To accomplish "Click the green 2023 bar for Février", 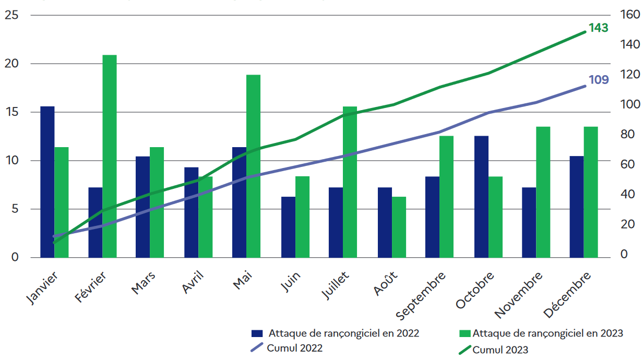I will pyautogui.click(x=110, y=156).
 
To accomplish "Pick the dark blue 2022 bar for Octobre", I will pyautogui.click(x=482, y=197).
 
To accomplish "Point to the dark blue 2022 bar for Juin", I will pyautogui.click(x=288, y=227).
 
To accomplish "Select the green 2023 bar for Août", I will pyautogui.click(x=399, y=227).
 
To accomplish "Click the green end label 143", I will pyautogui.click(x=599, y=28).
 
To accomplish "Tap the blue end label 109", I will pyautogui.click(x=599, y=80).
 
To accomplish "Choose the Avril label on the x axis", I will pyautogui.click(x=194, y=282).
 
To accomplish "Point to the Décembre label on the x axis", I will pyautogui.click(x=568, y=294).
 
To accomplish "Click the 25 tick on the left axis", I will pyautogui.click(x=11, y=15).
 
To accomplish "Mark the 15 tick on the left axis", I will pyautogui.click(x=11, y=112).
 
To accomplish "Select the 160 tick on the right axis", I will pyautogui.click(x=630, y=15).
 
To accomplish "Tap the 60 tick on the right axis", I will pyautogui.click(x=627, y=164).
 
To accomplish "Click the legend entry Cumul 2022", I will pyautogui.click(x=294, y=348).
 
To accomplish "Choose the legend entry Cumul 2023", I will pyautogui.click(x=500, y=350).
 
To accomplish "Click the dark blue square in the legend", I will pyautogui.click(x=257, y=333).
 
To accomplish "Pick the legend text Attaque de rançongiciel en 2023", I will pyautogui.click(x=548, y=333).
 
